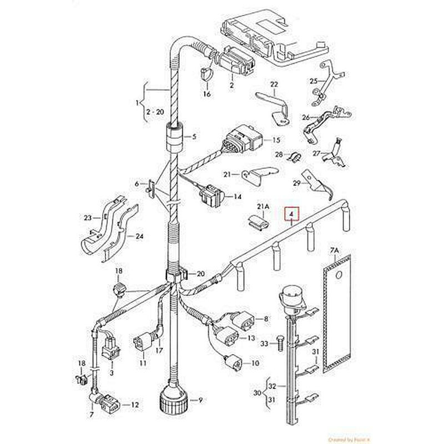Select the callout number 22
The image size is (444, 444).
[274, 84]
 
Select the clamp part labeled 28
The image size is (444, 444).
[294, 157]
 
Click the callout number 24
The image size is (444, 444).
[139, 236]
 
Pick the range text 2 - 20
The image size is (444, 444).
[155, 112]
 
